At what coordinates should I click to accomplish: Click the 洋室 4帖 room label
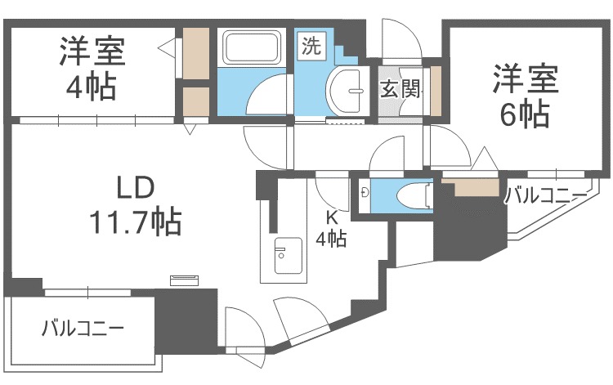click(x=91, y=68)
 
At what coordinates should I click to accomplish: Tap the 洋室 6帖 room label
click(x=525, y=96)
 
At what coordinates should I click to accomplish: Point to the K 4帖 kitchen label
click(x=332, y=228)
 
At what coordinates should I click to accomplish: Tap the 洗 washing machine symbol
click(x=311, y=46)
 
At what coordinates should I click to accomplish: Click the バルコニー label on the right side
click(x=545, y=195)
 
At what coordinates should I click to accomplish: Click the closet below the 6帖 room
click(x=475, y=188)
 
